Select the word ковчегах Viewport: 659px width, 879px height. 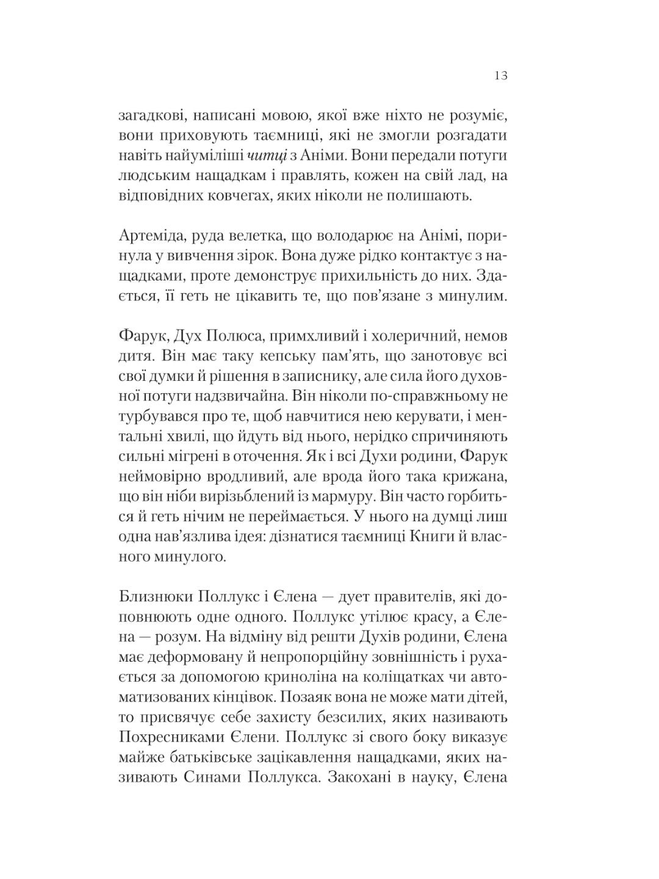pos(233,195)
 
